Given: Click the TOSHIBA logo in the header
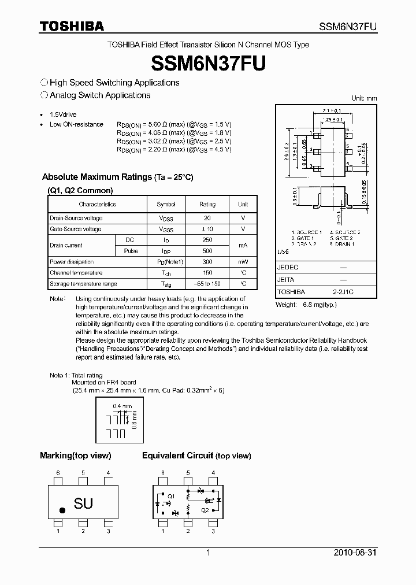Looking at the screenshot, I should coord(72,26).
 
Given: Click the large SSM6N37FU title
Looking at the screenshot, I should coord(207,62).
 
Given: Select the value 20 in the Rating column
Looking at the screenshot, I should coord(207,218).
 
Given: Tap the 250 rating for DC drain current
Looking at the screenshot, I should coord(207,240).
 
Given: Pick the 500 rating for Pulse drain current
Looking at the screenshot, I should coord(207,251).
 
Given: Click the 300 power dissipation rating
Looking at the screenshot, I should coord(207,262).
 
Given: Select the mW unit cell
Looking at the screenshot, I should coord(243,262).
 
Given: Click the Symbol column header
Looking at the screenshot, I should coord(166,204).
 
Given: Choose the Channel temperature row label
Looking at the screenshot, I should coord(76,273).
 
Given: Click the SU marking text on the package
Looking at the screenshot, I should coord(83,503).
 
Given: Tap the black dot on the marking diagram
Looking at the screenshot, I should coord(62,510).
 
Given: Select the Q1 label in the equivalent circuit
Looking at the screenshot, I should coord(170,495).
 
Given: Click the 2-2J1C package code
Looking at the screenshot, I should coord(343,292).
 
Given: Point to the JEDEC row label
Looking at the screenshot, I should coord(287,268).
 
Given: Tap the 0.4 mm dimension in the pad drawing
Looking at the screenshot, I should coord(118,406).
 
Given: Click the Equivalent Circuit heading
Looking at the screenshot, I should coord(177,456).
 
